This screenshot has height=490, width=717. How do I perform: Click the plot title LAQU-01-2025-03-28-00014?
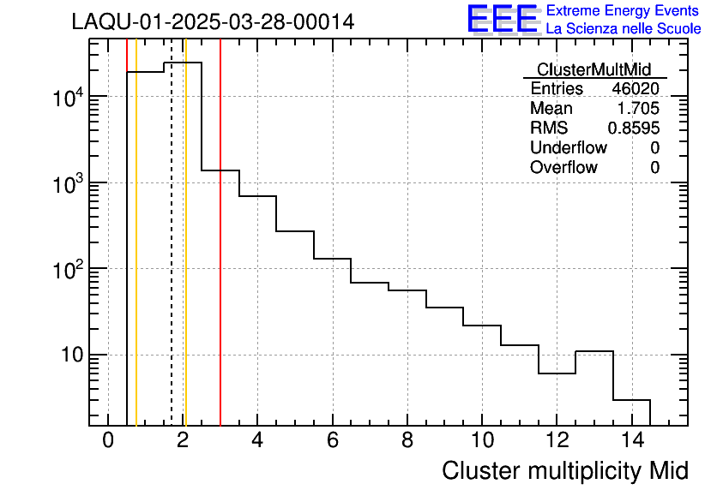coord(213,22)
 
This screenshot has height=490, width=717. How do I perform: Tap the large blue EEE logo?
coord(503,19)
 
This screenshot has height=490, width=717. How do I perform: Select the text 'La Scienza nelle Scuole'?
coord(624,29)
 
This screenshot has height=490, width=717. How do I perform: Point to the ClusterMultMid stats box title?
coord(593,69)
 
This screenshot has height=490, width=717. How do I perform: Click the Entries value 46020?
coord(636,89)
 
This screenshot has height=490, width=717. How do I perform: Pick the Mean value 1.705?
coord(640,109)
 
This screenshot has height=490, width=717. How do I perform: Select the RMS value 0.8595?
coord(634,128)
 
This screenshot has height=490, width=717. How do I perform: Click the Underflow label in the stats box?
coord(569,148)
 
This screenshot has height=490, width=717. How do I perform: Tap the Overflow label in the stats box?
coord(563,168)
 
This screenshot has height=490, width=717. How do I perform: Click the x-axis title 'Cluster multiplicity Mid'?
coord(564,470)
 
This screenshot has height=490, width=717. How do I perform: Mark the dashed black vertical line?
coord(172,257)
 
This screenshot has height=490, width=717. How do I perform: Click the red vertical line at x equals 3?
coord(220,257)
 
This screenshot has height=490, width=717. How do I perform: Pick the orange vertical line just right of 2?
coord(185,257)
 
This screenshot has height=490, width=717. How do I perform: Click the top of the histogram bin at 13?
coord(593,351)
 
